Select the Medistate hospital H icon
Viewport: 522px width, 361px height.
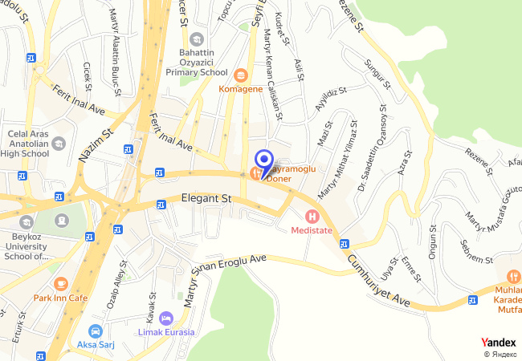pyautogui.click(x=311, y=215)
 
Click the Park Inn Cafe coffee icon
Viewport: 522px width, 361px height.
pyautogui.click(x=61, y=283)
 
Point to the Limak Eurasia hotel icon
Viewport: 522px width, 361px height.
pyautogui.click(x=166, y=318)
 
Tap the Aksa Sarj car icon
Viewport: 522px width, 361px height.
pyautogui.click(x=96, y=331)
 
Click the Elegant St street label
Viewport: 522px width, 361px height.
pyautogui.click(x=206, y=197)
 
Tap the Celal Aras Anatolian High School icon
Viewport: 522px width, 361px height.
pyautogui.click(x=59, y=144)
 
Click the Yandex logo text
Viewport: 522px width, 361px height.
pyautogui.click(x=499, y=343)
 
